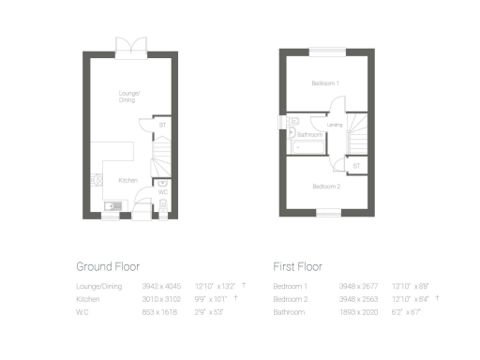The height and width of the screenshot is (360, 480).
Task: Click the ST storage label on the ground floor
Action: (x=161, y=125)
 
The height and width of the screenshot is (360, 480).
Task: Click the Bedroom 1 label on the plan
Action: (x=325, y=83)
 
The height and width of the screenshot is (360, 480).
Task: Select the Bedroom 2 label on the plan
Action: (x=325, y=187)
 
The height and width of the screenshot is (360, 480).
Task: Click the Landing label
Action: (x=334, y=124)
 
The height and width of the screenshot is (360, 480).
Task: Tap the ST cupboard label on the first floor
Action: (x=355, y=166)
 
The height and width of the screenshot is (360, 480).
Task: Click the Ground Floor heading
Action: (x=108, y=266)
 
